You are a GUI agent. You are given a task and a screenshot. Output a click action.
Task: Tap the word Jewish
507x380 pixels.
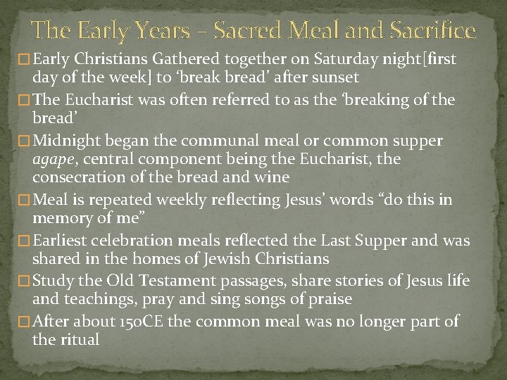click(225, 259)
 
